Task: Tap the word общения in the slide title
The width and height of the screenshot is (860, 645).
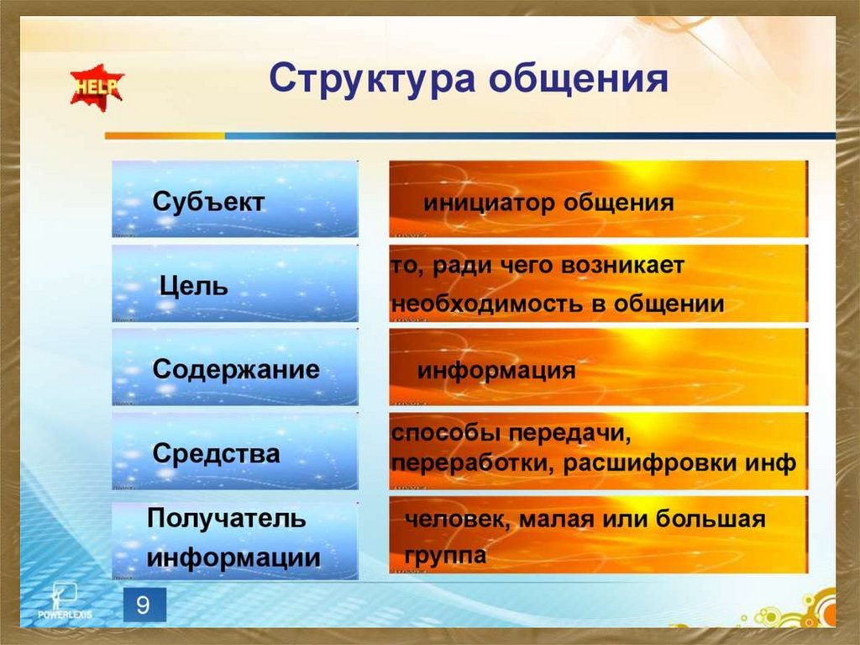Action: (578, 79)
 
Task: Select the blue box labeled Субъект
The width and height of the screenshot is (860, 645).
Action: (235, 199)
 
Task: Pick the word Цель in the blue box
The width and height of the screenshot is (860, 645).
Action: (193, 287)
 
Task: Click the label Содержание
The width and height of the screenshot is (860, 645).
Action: (236, 369)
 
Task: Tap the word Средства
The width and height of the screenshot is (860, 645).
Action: (216, 453)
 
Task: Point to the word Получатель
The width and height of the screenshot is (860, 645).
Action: (226, 519)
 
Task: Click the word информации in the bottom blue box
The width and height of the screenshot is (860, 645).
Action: (233, 558)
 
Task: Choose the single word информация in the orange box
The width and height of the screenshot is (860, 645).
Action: (496, 370)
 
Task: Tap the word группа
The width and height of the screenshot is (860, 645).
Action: (445, 556)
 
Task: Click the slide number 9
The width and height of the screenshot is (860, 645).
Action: (144, 605)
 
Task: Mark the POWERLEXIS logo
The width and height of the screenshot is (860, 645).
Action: (65, 602)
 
